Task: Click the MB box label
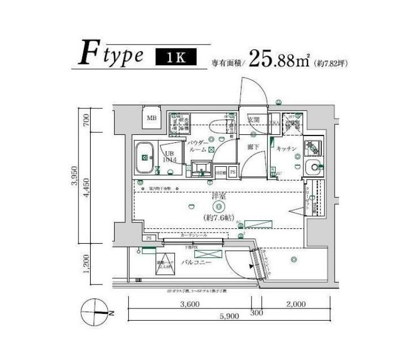[152, 118]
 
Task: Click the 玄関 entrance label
[254, 120]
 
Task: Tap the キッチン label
[286, 149]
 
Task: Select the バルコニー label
[196, 262]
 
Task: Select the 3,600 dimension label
[189, 304]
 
